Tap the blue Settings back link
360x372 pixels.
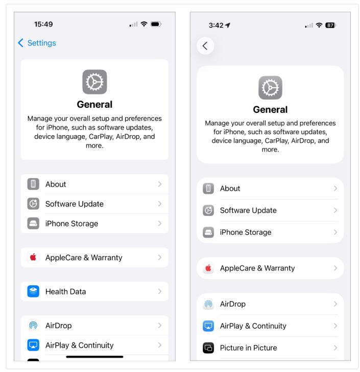click(37, 43)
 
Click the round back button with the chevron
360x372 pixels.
click(205, 46)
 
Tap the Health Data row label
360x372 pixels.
click(65, 291)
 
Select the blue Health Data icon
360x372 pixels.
click(33, 291)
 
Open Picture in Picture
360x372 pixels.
click(248, 348)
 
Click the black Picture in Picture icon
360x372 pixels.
click(208, 348)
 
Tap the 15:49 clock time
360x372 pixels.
click(43, 24)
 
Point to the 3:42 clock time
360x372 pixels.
click(216, 25)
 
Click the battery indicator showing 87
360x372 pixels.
click(330, 25)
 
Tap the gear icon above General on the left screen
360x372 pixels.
click(94, 82)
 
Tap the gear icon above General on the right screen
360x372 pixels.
click(270, 88)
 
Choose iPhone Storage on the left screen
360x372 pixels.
click(71, 224)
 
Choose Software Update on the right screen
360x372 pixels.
click(248, 210)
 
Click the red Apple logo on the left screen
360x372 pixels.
click(33, 257)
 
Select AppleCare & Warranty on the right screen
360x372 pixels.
click(257, 268)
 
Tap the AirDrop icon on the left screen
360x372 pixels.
click(33, 325)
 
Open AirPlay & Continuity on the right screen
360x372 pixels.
click(253, 326)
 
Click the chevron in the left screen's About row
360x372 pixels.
click(160, 184)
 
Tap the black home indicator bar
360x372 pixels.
click(94, 357)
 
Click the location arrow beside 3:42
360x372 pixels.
click(228, 25)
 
